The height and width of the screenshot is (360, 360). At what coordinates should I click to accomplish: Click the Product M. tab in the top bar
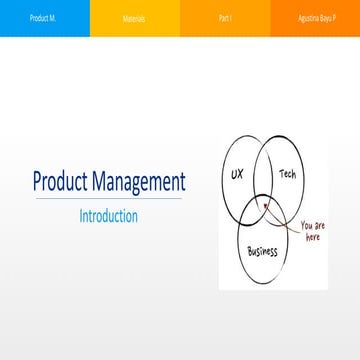[42, 18]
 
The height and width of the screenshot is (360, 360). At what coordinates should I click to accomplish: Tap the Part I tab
[222, 18]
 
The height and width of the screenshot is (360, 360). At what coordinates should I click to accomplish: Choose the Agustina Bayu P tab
[314, 18]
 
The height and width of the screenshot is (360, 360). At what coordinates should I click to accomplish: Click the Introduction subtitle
[108, 216]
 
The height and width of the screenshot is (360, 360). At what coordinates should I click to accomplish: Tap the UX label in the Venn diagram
[237, 174]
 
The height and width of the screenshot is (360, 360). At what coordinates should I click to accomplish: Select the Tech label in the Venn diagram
[287, 174]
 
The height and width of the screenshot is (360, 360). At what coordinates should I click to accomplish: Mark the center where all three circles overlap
[262, 211]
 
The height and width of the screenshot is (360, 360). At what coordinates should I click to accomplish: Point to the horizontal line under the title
[108, 199]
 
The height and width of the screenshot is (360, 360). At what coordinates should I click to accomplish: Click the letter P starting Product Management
[37, 182]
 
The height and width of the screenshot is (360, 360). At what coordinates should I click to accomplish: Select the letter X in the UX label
[240, 174]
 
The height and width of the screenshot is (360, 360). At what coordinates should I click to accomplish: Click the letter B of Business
[249, 254]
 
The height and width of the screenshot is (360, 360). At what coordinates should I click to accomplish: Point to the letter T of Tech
[281, 174]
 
